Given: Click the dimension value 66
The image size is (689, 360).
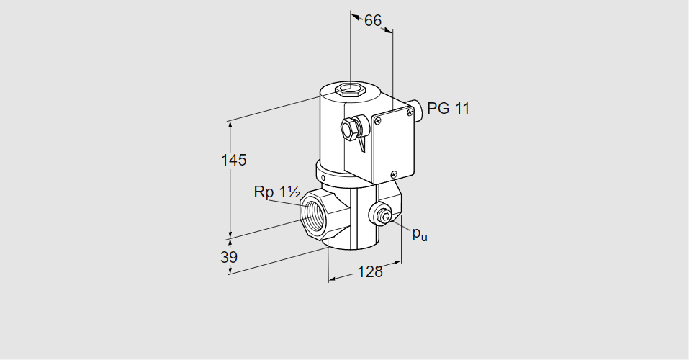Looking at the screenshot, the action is click(373, 21).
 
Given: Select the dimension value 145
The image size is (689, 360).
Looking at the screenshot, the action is click(234, 160).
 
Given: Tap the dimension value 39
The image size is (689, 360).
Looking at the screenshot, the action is click(229, 257).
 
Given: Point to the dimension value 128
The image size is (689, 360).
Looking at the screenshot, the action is click(370, 272).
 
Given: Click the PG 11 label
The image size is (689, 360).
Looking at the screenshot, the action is click(449, 108).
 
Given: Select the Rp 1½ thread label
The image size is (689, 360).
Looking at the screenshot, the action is click(277, 192).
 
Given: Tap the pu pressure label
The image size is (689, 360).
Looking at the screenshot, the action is click(420, 234).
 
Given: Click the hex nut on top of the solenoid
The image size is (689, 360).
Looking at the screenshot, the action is click(350, 89).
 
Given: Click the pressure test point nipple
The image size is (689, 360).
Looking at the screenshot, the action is click(384, 216).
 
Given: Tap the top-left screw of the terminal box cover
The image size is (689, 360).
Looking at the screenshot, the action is click(377, 120).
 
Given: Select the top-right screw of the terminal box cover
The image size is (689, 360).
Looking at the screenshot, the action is click(410, 112).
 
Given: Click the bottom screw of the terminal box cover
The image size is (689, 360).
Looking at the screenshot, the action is click(394, 174).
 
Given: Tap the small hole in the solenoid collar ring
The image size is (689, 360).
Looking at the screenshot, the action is click(323, 178).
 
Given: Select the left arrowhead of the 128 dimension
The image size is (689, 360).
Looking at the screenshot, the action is click(333, 279).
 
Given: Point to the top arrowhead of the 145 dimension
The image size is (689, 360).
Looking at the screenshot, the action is click(230, 125).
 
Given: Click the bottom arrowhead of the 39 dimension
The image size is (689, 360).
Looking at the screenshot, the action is click(230, 270).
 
